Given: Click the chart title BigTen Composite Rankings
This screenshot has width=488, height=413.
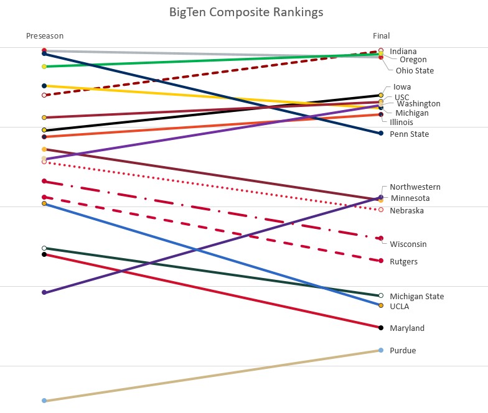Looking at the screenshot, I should [246, 12].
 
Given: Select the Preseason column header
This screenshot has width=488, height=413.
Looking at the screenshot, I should [44, 36].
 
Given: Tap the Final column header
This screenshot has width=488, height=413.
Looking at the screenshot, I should [381, 36].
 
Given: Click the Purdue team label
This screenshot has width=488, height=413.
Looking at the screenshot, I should [403, 351].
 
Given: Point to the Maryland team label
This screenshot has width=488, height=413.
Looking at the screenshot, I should [407, 328].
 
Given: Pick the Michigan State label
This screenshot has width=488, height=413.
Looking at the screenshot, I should [416, 297].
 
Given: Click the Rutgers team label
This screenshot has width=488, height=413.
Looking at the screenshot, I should [403, 262].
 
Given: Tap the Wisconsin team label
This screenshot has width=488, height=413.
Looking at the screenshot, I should [408, 244].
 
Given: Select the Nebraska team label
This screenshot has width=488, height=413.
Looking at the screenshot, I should [406, 211].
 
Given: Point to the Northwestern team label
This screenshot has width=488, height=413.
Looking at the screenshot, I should [415, 187].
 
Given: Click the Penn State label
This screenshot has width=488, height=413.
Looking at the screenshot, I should [409, 134].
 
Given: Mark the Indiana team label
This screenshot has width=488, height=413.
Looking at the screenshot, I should [403, 52].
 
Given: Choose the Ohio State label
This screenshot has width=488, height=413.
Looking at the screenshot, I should [415, 71].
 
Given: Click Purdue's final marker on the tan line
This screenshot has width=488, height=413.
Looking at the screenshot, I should [381, 350].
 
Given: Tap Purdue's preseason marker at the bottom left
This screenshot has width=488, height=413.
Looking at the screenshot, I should [44, 401].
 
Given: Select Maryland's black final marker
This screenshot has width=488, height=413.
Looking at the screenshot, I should [381, 327].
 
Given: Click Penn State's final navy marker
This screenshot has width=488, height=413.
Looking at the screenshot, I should [381, 133].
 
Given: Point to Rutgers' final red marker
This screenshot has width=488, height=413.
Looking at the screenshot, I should [381, 261].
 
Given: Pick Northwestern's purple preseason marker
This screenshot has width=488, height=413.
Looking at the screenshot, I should [44, 292].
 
